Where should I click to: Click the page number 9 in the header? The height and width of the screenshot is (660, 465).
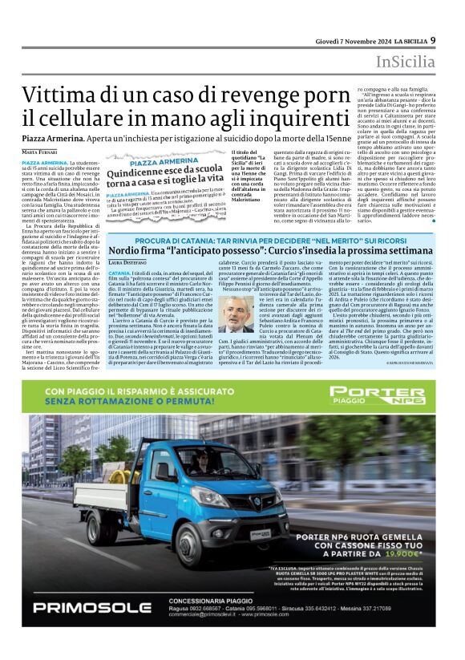(433, 40)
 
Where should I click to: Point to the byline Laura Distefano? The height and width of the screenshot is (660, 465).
(127, 262)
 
